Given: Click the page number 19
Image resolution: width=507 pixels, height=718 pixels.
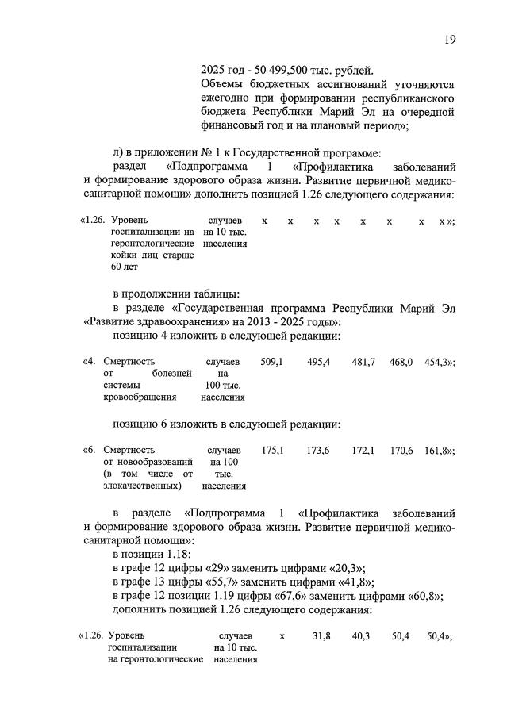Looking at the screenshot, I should [x=450, y=40].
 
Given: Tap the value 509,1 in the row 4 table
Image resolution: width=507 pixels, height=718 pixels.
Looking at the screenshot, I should [x=271, y=362].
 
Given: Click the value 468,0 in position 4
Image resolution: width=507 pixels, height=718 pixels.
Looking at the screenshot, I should [x=401, y=362].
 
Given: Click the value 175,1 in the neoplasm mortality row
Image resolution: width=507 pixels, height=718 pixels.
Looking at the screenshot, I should [x=271, y=450].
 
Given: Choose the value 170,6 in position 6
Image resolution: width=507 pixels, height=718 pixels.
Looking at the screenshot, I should [x=401, y=450].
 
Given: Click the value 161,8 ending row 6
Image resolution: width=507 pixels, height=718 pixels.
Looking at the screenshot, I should [x=436, y=450].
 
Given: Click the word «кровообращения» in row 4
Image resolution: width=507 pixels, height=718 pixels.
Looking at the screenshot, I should [x=140, y=397].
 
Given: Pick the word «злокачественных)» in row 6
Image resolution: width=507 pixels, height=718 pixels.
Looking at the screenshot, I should [x=143, y=485].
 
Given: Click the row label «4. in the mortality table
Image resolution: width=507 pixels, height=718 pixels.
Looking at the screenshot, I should [x=90, y=362].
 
